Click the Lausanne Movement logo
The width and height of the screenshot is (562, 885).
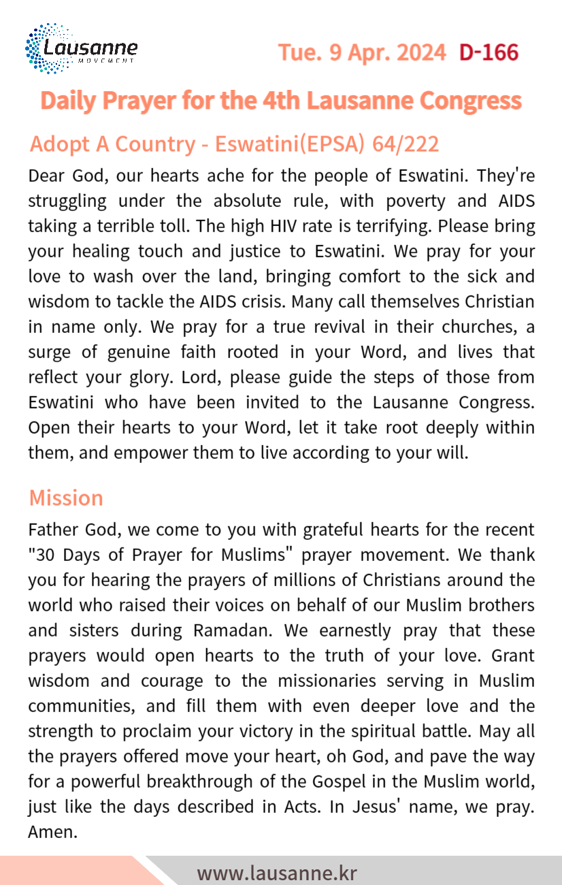coord(81,49)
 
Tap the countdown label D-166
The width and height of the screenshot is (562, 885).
coord(489,52)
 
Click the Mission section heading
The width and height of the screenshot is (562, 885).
coord(66,498)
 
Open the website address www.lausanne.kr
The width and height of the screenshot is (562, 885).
coord(277,873)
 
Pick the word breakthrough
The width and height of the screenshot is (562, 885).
coord(218,782)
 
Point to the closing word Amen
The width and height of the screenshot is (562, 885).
coord(51,832)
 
